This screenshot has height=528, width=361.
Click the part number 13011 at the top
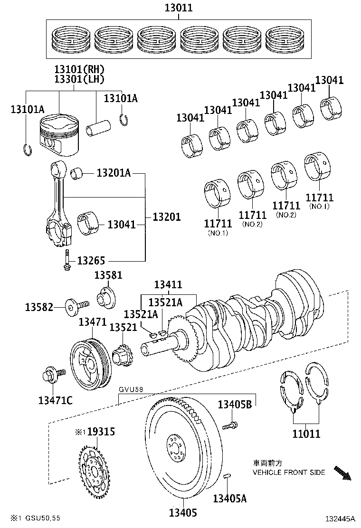(179, 8)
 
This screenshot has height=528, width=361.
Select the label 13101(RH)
(79, 69)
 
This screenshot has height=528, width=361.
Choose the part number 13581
(108, 275)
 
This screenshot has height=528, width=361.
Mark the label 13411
(168, 285)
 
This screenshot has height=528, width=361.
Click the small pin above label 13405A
(227, 476)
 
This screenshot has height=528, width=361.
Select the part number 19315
(101, 432)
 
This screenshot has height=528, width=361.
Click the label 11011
(306, 434)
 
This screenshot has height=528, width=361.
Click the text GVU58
(131, 389)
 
